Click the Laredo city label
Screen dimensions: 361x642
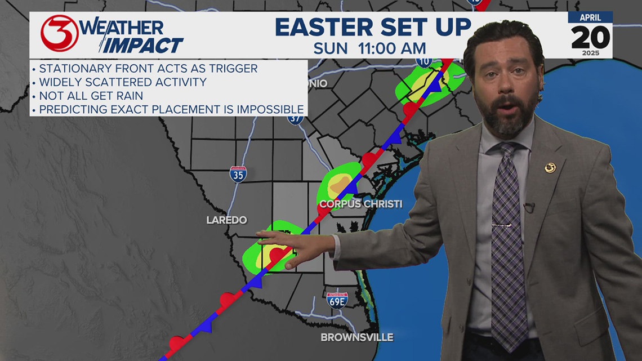(x=226, y=220)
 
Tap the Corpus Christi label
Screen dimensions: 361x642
(x=360, y=203)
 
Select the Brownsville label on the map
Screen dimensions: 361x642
(x=356, y=337)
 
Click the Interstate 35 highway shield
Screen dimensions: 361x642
(x=238, y=173)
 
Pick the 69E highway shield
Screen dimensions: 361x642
(x=337, y=300)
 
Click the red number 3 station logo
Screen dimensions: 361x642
(x=60, y=33)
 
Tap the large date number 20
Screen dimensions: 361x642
(x=590, y=37)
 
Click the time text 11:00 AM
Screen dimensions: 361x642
(x=392, y=48)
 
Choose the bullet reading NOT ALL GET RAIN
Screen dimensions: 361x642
(x=91, y=96)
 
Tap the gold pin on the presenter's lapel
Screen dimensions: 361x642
(x=550, y=167)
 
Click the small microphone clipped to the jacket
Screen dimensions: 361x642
(x=528, y=207)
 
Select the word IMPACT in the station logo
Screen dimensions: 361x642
(x=144, y=45)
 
